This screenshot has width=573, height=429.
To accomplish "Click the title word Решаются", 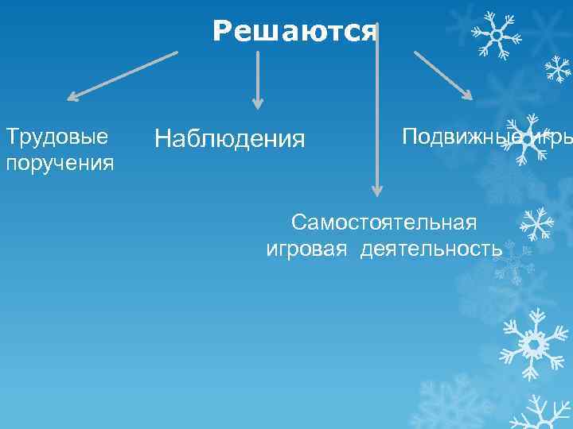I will pos(294,31).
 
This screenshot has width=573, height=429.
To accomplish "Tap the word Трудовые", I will pos(57,136).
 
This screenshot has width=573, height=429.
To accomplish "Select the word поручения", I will pos(60,163).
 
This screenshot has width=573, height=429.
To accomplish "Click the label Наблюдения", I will pos(229,139).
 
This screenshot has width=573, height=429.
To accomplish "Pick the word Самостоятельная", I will pos(384,220).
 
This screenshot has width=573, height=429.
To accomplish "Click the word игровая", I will pos(306,248).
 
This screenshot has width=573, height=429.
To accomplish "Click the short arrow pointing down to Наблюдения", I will pos(257,79).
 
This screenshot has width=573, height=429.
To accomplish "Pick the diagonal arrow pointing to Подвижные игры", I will pos(442,75).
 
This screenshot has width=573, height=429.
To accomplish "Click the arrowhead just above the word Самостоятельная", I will pos(377,190).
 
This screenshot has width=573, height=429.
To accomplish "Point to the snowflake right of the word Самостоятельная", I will pos(537,223).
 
